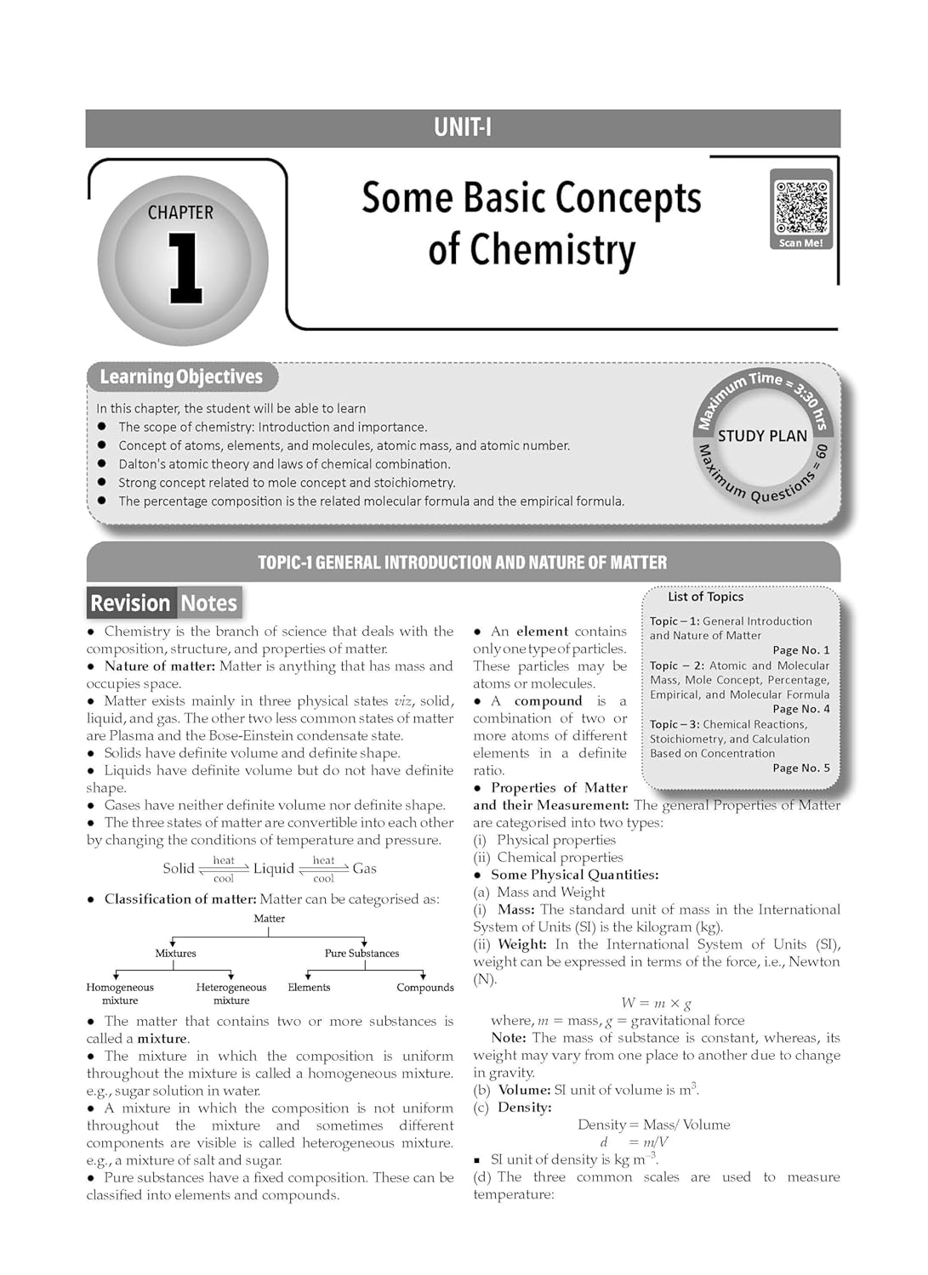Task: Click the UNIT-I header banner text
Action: [x=462, y=127]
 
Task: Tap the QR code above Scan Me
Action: [x=800, y=207]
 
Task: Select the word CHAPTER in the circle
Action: [x=180, y=212]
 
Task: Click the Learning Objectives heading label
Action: [x=181, y=377]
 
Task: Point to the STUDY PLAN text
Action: [x=762, y=436]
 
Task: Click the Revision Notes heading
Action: [x=163, y=603]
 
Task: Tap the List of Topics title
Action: [x=705, y=597]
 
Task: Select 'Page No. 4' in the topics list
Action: [x=800, y=709]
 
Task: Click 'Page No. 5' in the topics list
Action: [x=800, y=768]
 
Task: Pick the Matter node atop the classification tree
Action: [x=269, y=919]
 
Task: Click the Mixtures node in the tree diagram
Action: [x=175, y=954]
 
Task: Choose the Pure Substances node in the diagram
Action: [x=362, y=954]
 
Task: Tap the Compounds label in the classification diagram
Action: [x=424, y=988]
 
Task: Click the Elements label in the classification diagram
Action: [x=309, y=988]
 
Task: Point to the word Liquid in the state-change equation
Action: [x=273, y=869]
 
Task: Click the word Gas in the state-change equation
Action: [x=364, y=869]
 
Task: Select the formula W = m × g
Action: [x=656, y=1003]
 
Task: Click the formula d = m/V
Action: [x=634, y=1142]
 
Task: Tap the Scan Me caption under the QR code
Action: [x=800, y=243]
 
